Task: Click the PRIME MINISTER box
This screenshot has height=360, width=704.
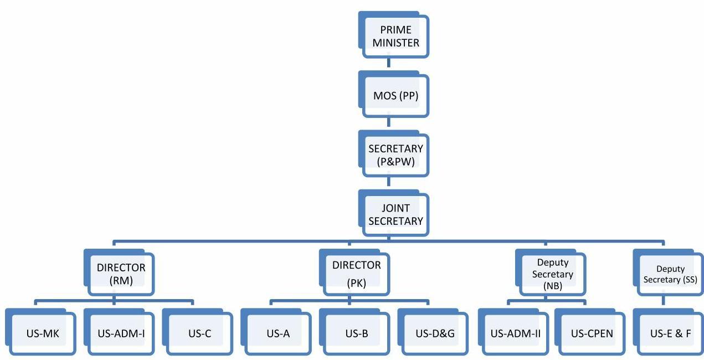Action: [395, 37]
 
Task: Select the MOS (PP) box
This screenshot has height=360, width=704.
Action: [395, 96]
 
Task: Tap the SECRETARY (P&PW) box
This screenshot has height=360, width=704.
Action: [395, 156]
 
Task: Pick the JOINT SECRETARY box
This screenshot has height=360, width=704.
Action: [395, 215]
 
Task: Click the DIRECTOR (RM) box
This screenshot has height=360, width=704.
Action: [121, 274]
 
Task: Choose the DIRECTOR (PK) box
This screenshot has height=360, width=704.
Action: [356, 274]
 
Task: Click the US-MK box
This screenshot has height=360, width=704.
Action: [43, 334]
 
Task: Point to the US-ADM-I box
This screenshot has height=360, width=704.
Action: [121, 334]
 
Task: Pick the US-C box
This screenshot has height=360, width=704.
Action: [199, 334]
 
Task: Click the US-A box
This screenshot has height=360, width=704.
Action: [278, 334]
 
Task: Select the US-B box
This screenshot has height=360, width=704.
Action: [356, 334]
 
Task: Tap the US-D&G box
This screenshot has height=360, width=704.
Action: [434, 334]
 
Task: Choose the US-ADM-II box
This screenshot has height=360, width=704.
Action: [515, 334]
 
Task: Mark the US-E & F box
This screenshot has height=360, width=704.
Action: [670, 334]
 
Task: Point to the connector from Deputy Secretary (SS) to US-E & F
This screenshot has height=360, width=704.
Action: [664, 301]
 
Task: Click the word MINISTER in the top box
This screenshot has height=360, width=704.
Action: [395, 43]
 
